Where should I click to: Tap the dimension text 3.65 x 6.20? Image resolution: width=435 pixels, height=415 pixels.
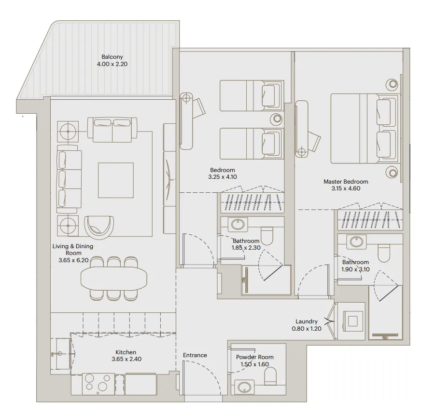tap(73, 260)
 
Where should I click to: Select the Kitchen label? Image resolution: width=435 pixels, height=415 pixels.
tap(126, 352)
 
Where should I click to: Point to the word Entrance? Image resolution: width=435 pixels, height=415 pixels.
tap(195, 355)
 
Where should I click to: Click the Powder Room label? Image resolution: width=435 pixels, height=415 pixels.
tap(254, 357)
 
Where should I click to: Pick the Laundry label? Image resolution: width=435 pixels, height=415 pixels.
tap(307, 321)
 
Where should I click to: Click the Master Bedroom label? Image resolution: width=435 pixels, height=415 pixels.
tap(346, 182)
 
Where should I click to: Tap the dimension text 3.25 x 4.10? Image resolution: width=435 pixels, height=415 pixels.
tap(223, 177)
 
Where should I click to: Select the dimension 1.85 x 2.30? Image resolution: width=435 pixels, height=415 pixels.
tap(246, 248)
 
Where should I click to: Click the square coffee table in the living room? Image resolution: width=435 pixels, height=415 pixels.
tap(116, 180)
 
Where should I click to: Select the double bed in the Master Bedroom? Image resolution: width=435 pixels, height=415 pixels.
tap(364, 129)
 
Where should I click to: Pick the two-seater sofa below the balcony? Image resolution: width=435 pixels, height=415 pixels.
tap(112, 129)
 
